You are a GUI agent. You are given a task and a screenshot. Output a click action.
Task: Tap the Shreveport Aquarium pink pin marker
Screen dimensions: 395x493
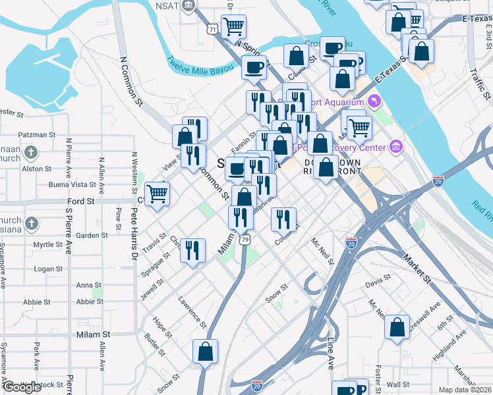coord(375,101)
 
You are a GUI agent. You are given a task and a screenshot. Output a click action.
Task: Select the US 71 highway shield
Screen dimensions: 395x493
coord(212,29)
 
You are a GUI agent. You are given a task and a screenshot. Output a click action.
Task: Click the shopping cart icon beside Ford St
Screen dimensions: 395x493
coord(157,193)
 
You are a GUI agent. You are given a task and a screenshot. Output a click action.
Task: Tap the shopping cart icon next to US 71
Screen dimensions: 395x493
coord(233,26)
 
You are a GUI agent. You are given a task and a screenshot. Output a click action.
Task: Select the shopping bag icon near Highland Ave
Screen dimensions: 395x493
coord(397,327)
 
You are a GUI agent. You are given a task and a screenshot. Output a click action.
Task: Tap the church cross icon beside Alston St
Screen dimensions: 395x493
coord(30,153)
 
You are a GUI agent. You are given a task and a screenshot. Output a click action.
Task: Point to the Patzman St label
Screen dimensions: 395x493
coord(37,134)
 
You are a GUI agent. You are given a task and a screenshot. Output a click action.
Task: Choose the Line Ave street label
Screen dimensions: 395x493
coord(331,352)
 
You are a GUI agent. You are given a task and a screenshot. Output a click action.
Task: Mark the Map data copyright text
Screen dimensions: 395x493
coord(465,390)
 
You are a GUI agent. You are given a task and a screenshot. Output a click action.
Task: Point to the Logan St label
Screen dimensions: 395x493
coord(48,269)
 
